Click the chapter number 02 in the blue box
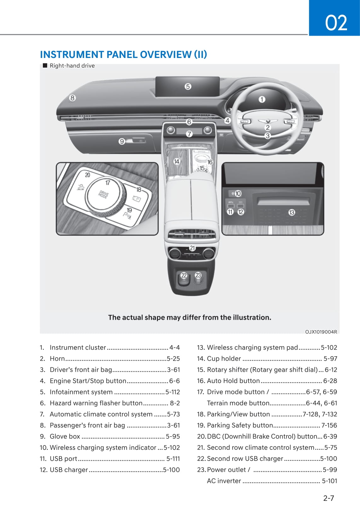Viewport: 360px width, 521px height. pos(336,23)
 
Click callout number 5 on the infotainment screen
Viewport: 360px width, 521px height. pos(188,86)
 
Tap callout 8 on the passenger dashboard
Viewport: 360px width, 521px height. pos(73,98)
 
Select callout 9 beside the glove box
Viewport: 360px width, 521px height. pos(122,141)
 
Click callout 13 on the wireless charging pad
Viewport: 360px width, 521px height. pos(292,212)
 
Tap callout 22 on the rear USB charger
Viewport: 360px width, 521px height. pos(184,275)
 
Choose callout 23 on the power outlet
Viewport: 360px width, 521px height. pos(198,275)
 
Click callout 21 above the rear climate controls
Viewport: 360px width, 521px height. pos(192,248)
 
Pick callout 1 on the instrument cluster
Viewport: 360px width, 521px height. pos(262,100)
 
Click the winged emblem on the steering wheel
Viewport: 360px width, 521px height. pos(267,121)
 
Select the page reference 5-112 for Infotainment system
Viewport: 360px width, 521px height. pos(173,392)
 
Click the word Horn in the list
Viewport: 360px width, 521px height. pos(57,358)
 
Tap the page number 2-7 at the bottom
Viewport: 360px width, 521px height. pos(328,498)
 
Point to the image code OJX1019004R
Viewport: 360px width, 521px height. pos(321,332)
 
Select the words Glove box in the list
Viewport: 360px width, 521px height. pos(65,436)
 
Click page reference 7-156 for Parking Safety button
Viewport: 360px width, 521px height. pos(329,425)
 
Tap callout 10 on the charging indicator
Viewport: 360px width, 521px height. pos(238,193)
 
